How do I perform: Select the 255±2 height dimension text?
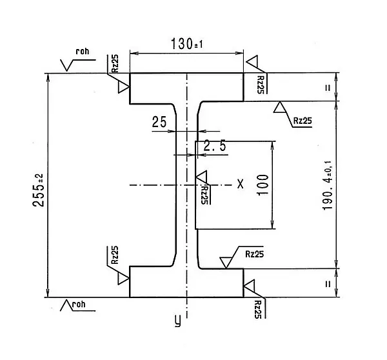tap(38, 186)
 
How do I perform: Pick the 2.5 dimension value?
tap(215, 146)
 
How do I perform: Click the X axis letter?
tap(240, 184)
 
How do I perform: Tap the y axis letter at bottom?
tap(177, 321)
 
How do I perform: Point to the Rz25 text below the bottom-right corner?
tap(258, 308)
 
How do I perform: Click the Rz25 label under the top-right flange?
tap(301, 121)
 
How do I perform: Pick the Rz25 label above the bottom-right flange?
tap(254, 254)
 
